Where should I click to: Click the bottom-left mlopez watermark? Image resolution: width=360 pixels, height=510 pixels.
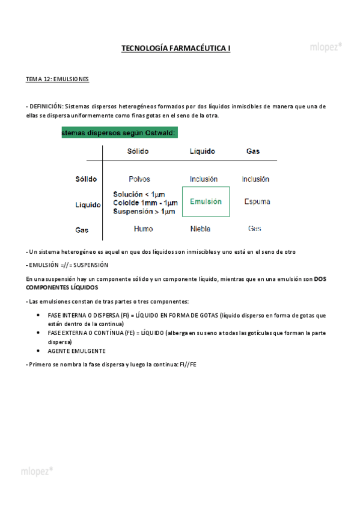[x=37, y=470]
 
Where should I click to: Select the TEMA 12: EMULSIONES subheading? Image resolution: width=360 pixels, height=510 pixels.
[x=57, y=79]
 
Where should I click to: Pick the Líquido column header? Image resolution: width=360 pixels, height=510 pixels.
[x=202, y=151]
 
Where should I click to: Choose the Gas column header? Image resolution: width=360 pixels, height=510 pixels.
[x=253, y=151]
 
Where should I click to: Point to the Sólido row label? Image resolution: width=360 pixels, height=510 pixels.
[x=86, y=179]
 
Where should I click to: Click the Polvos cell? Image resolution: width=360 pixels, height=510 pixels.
[x=139, y=179]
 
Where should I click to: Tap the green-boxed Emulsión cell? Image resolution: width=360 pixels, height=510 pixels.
[x=206, y=202]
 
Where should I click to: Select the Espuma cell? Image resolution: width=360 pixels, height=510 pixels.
[x=257, y=202]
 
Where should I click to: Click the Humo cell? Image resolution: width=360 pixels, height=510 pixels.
[x=143, y=229]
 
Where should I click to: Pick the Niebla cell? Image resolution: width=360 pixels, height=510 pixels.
[x=200, y=229]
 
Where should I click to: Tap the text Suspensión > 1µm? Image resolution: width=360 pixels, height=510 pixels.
[x=144, y=212]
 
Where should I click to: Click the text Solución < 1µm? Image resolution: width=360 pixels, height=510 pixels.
[x=139, y=194]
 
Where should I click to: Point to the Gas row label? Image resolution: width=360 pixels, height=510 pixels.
[x=82, y=230]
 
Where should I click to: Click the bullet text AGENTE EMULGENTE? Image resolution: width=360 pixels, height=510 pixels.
[x=76, y=351]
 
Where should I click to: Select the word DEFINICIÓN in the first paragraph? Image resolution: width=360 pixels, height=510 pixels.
[x=46, y=106]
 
